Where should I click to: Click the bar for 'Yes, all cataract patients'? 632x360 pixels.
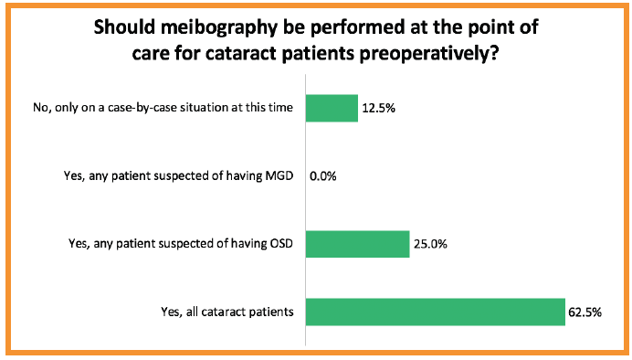coord(435,312)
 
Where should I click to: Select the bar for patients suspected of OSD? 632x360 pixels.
coord(356,244)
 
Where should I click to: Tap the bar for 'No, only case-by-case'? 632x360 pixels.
coord(331,108)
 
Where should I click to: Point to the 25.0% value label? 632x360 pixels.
coord(429,244)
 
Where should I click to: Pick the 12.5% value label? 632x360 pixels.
coord(378,109)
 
